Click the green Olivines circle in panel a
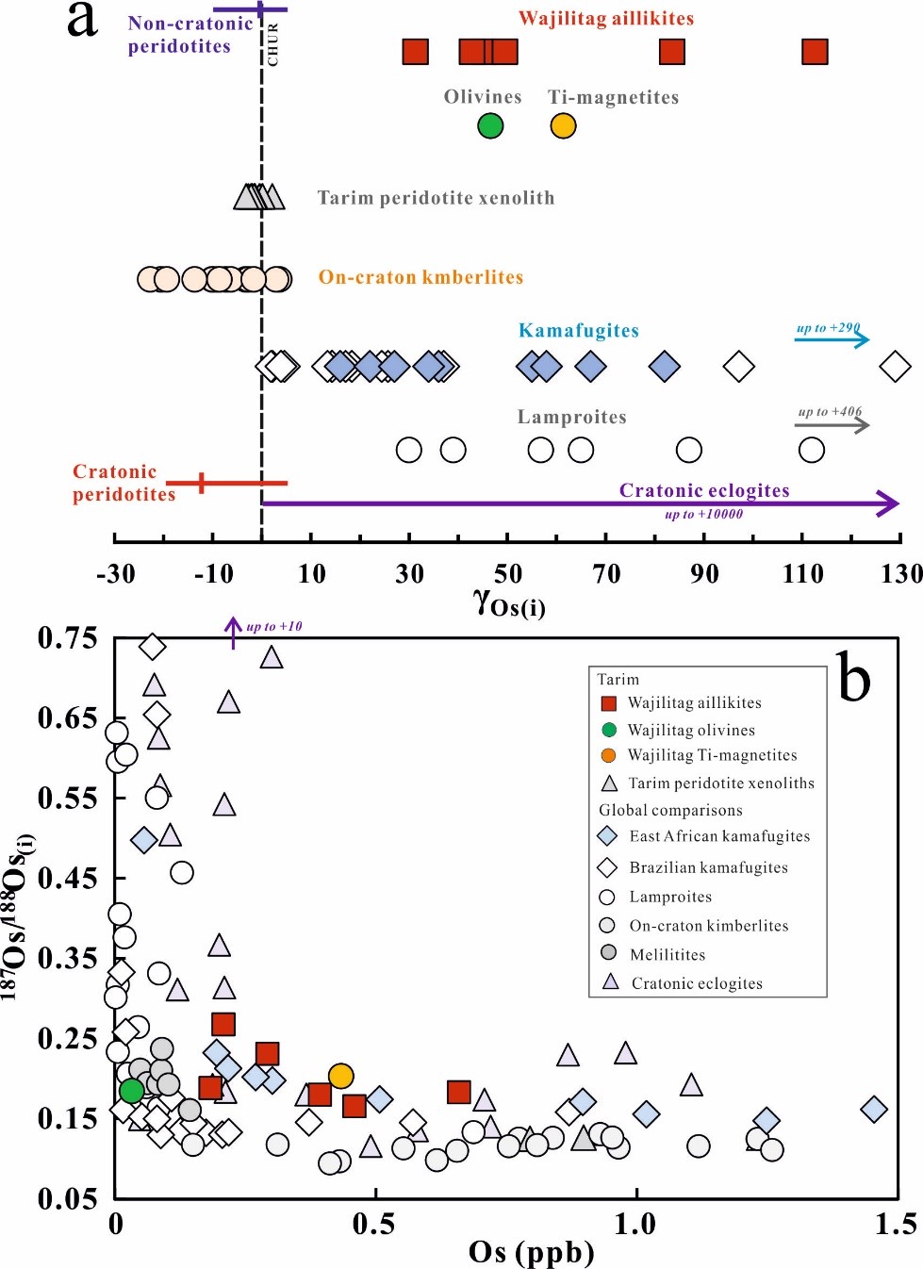pos(490,125)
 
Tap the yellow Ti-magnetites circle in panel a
pos(563,125)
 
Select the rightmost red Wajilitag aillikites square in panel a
pos(815,52)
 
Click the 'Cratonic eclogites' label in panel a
pos(704,490)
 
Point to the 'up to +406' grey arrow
pos(832,425)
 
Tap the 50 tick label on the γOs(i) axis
pos(507,573)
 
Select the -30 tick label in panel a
pos(115,573)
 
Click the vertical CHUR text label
pos(273,44)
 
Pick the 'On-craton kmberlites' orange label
pos(420,277)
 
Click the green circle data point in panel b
pos(131,1091)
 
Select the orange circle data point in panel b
pos(340,1076)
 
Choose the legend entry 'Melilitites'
pos(668,954)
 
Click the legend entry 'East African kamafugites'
pos(719,836)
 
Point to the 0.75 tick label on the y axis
pos(68,638)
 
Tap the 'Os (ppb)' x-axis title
pos(532,1252)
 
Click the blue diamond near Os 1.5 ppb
pos(874,1110)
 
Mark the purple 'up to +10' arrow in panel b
pos(234,632)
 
